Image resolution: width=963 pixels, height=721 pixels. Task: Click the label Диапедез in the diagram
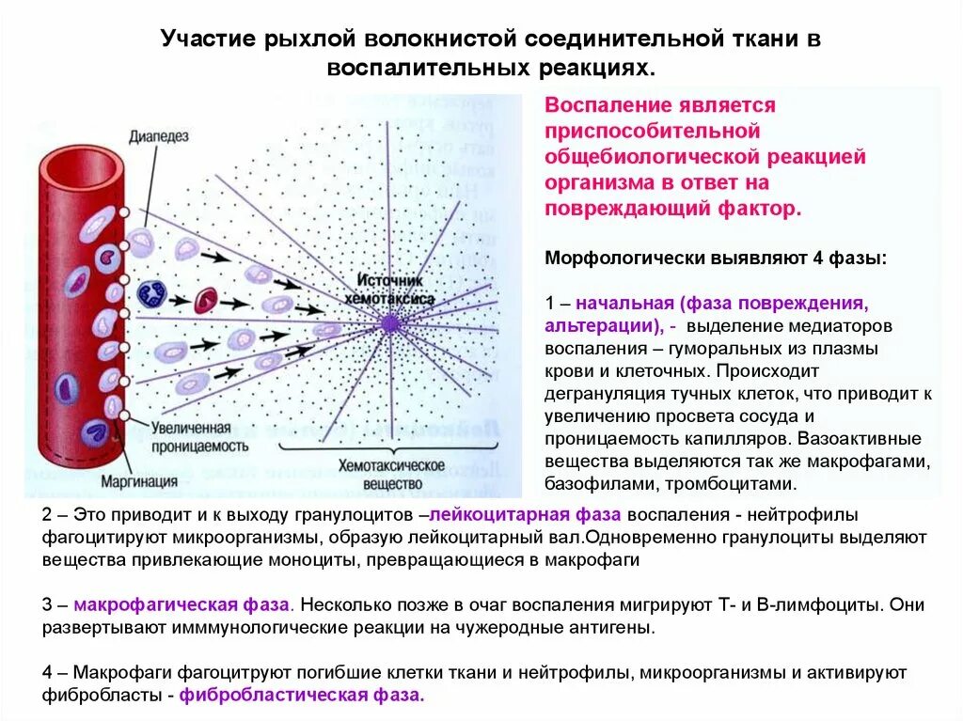(x=160, y=137)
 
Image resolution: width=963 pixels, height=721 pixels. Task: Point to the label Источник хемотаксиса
(x=396, y=290)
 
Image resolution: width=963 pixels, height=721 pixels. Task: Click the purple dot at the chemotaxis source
(x=389, y=323)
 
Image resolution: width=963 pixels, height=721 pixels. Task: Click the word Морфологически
(x=614, y=257)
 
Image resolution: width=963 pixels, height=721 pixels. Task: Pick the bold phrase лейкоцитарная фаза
(x=526, y=515)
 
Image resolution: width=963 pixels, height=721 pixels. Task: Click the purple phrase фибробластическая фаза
(x=302, y=697)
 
